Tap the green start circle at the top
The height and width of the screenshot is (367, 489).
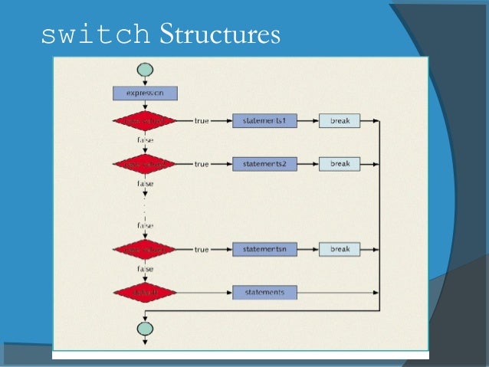tap(144, 70)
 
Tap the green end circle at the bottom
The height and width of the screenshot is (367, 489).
tap(144, 328)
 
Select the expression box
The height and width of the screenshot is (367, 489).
tap(144, 93)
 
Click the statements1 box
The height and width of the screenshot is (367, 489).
tap(264, 121)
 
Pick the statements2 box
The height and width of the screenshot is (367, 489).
tap(264, 164)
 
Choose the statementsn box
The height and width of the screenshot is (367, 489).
tap(264, 249)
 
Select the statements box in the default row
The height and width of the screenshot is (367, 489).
tap(264, 292)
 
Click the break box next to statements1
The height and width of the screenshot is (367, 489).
tap(340, 121)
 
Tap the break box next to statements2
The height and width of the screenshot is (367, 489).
tap(340, 164)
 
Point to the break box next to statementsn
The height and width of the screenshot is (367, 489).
tap(340, 249)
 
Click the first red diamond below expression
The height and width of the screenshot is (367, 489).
tap(144, 121)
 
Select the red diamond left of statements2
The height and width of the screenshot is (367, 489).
tap(144, 164)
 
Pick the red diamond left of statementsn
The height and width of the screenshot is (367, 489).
tap(144, 249)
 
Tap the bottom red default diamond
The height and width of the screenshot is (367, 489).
tap(144, 292)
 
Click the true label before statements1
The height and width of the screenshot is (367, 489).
tap(202, 121)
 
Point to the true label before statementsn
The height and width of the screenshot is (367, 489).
tap(202, 249)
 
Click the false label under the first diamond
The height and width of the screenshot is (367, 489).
tap(144, 141)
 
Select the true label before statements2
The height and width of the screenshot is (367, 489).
tap(202, 164)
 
